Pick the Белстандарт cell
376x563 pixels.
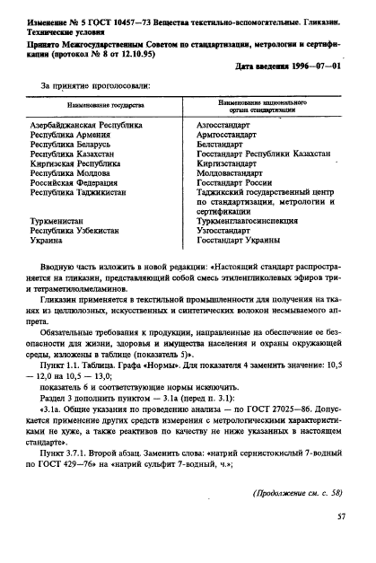[222, 147]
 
